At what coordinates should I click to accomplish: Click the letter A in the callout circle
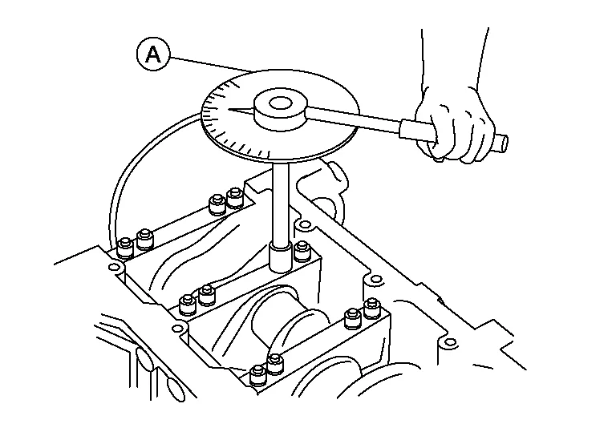(x=153, y=55)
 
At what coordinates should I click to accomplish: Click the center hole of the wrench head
(x=280, y=103)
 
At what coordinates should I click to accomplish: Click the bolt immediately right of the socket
(x=302, y=251)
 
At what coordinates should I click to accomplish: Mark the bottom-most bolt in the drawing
(x=258, y=375)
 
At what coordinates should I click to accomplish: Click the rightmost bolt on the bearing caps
(x=371, y=308)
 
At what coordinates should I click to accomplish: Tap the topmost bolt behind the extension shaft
(x=234, y=196)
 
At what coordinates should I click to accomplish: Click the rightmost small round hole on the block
(x=444, y=343)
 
